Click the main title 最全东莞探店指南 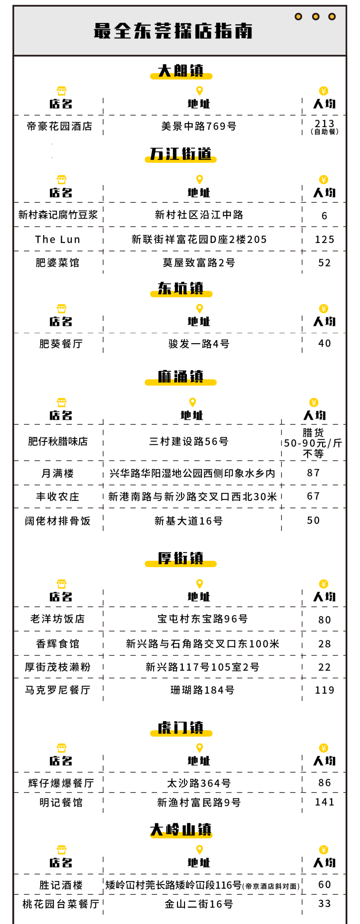[173, 31]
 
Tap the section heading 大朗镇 [181, 71]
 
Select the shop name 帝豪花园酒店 [60, 126]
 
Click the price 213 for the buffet [325, 124]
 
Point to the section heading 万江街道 [181, 154]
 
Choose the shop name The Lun [58, 239]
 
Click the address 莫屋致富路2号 [199, 262]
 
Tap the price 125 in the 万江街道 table [325, 239]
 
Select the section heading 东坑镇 [181, 288]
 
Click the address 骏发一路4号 [199, 344]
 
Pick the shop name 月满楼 [58, 473]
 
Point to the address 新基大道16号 [189, 521]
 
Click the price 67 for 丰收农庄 [313, 496]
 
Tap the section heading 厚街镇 [181, 558]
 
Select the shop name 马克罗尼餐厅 [58, 690]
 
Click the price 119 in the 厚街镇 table [325, 690]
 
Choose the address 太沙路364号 [199, 783]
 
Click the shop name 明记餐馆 [61, 802]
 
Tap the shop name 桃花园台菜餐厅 [61, 904]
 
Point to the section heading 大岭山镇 [181, 830]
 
